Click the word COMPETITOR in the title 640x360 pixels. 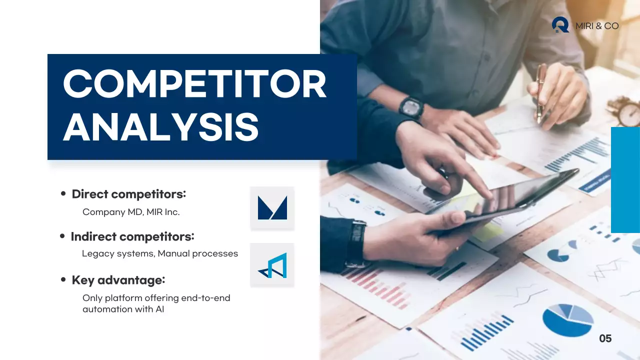[195, 84]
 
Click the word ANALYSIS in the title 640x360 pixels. [161, 127]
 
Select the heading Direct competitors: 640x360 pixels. [128, 194]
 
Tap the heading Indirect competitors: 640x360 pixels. [132, 236]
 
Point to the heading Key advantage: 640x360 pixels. [118, 280]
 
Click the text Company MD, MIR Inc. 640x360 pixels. [131, 212]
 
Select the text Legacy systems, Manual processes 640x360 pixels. [160, 253]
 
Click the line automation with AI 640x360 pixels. [123, 309]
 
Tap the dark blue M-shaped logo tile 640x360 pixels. [272, 207]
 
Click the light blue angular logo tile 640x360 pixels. [272, 265]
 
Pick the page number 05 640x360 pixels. [605, 339]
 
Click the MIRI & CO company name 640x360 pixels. [597, 26]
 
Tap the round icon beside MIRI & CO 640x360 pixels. [560, 24]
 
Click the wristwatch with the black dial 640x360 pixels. [411, 107]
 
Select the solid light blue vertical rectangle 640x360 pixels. [625, 180]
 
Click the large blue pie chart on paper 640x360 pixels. [567, 320]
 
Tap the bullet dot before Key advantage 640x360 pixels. [63, 280]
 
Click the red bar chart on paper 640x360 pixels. [380, 287]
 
